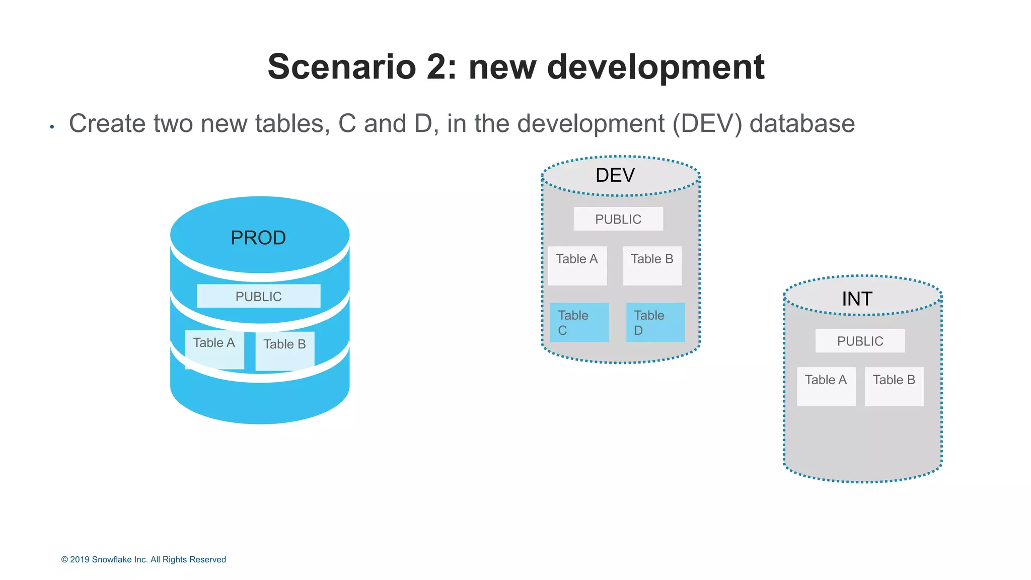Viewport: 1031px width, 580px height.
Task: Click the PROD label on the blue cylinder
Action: (258, 238)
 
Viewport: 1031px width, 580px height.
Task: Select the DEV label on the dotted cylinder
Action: (615, 175)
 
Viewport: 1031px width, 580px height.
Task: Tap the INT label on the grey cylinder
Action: (857, 299)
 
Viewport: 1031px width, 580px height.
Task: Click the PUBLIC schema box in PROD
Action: (258, 296)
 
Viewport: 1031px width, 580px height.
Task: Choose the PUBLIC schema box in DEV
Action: (618, 219)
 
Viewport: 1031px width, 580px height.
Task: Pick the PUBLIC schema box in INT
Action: (860, 341)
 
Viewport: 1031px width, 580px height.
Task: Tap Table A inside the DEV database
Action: (577, 265)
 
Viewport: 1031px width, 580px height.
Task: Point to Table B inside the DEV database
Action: (652, 265)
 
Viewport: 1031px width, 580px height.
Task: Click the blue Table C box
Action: (579, 322)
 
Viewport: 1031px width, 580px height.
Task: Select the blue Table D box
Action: (655, 322)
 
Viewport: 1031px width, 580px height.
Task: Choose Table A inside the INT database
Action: (826, 386)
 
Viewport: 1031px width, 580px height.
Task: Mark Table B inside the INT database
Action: (894, 386)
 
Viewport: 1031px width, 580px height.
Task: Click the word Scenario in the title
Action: (342, 67)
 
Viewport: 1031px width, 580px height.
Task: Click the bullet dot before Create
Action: (52, 127)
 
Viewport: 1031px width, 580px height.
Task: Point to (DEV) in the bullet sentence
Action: (707, 124)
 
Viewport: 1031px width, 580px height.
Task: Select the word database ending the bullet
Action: (802, 124)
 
